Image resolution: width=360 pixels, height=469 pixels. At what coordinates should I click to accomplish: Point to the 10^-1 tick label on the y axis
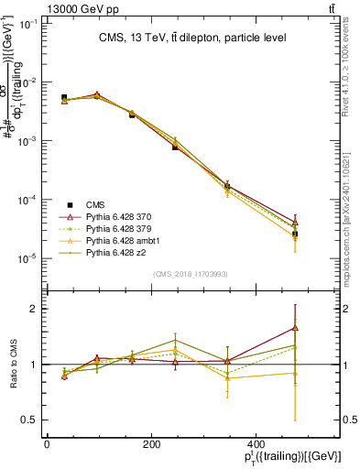pos(29,24)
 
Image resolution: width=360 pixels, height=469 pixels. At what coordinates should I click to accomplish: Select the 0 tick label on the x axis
pos(47,444)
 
